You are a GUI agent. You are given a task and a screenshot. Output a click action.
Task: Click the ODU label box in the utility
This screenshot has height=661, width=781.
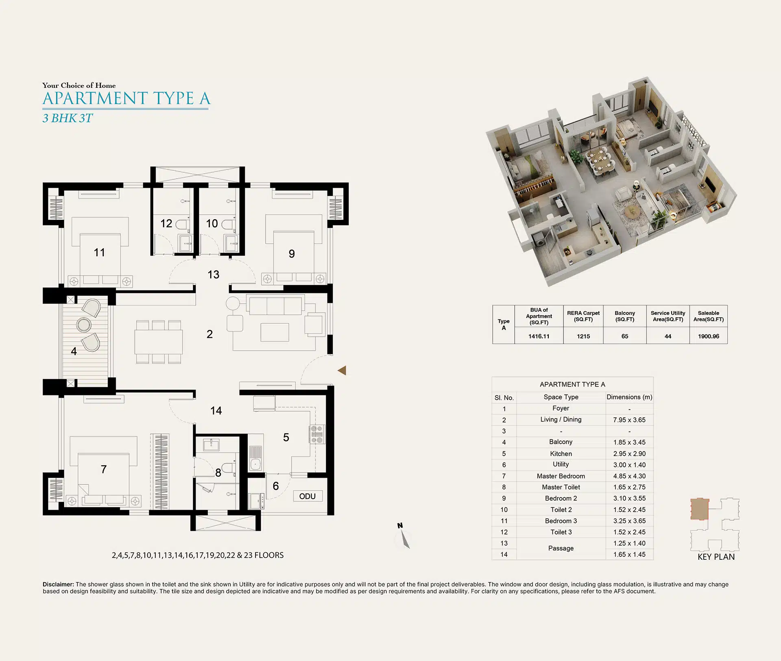[308, 496]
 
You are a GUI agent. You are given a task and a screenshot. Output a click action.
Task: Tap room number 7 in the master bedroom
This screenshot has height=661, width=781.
[104, 469]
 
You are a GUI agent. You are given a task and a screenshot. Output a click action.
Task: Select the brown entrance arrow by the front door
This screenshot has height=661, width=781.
[342, 370]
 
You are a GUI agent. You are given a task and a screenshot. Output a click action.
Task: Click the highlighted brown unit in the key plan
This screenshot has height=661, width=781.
[700, 509]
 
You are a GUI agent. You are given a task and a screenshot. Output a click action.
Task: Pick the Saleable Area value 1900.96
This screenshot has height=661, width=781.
[709, 336]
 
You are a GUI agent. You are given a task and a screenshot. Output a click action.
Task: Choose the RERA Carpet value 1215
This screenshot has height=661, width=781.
[583, 336]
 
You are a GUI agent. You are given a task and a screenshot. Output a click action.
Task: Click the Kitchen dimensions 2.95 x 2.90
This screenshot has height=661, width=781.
[629, 454]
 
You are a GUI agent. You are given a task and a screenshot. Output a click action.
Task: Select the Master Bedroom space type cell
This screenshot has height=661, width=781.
[561, 476]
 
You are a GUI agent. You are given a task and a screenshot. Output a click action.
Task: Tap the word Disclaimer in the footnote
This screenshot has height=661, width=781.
[58, 584]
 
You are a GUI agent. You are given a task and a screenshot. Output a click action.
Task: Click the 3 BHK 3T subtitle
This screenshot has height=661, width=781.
[68, 118]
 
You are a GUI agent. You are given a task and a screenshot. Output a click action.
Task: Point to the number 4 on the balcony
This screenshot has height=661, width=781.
[74, 351]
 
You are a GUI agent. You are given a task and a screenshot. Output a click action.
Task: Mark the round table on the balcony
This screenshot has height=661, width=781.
[84, 325]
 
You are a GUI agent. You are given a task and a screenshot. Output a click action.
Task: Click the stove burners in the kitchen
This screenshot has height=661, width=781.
[317, 434]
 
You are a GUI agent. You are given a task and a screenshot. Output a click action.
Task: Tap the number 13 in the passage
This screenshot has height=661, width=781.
[213, 275]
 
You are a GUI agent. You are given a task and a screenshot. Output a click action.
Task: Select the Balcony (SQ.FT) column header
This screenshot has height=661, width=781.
[625, 316]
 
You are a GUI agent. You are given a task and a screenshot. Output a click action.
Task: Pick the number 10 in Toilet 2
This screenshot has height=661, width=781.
[212, 223]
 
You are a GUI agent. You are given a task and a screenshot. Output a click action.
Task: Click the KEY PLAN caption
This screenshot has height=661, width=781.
[716, 557]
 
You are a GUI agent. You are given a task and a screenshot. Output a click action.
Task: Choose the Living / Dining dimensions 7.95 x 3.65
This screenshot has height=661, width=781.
[629, 420]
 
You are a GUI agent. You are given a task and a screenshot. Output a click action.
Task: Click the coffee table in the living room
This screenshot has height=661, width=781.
[275, 332]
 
